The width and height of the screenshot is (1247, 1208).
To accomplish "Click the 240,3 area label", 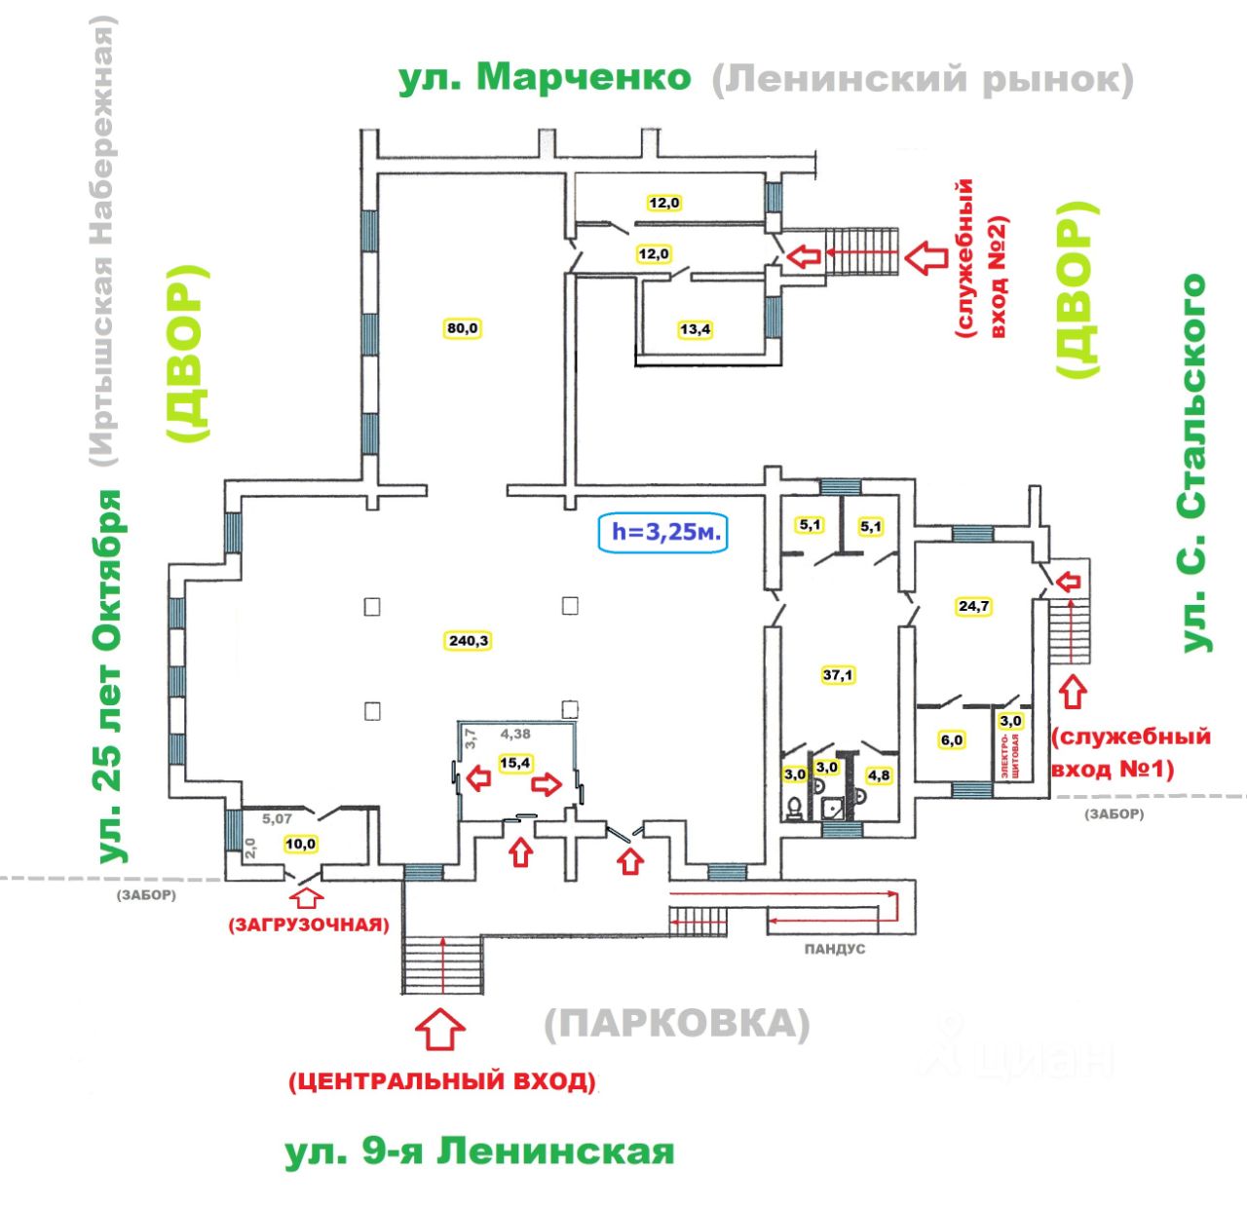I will tap(469, 641).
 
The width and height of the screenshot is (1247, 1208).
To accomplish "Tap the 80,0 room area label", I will tap(463, 328).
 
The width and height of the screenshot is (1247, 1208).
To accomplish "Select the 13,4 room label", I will tap(695, 329).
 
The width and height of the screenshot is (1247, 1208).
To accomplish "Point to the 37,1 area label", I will tap(838, 674).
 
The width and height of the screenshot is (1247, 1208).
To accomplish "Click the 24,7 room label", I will tap(973, 606).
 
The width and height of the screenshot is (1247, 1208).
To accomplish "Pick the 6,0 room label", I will tap(951, 740).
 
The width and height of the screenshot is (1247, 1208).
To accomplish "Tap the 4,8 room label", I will tap(878, 775).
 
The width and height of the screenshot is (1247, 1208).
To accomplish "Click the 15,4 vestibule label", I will tap(514, 763).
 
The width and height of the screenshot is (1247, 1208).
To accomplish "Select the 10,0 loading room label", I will tap(301, 844).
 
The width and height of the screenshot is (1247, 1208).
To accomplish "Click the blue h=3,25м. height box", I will tap(665, 532).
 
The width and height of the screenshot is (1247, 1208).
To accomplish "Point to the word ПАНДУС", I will tap(834, 948).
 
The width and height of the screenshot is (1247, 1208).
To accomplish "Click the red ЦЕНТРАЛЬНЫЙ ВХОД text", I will tap(441, 1081).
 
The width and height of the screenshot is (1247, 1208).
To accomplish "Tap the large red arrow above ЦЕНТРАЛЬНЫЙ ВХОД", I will tap(440, 1029).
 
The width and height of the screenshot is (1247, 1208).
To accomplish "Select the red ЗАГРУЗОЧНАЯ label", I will tap(308, 925).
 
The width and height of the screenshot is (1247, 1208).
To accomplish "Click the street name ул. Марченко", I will tap(545, 78).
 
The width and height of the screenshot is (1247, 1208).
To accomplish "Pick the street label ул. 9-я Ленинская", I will tap(479, 1151).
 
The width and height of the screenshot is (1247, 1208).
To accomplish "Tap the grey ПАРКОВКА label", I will tap(676, 1025).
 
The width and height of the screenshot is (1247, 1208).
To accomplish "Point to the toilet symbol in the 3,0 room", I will tap(795, 807).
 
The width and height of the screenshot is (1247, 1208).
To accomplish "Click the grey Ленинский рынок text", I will tap(923, 80).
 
